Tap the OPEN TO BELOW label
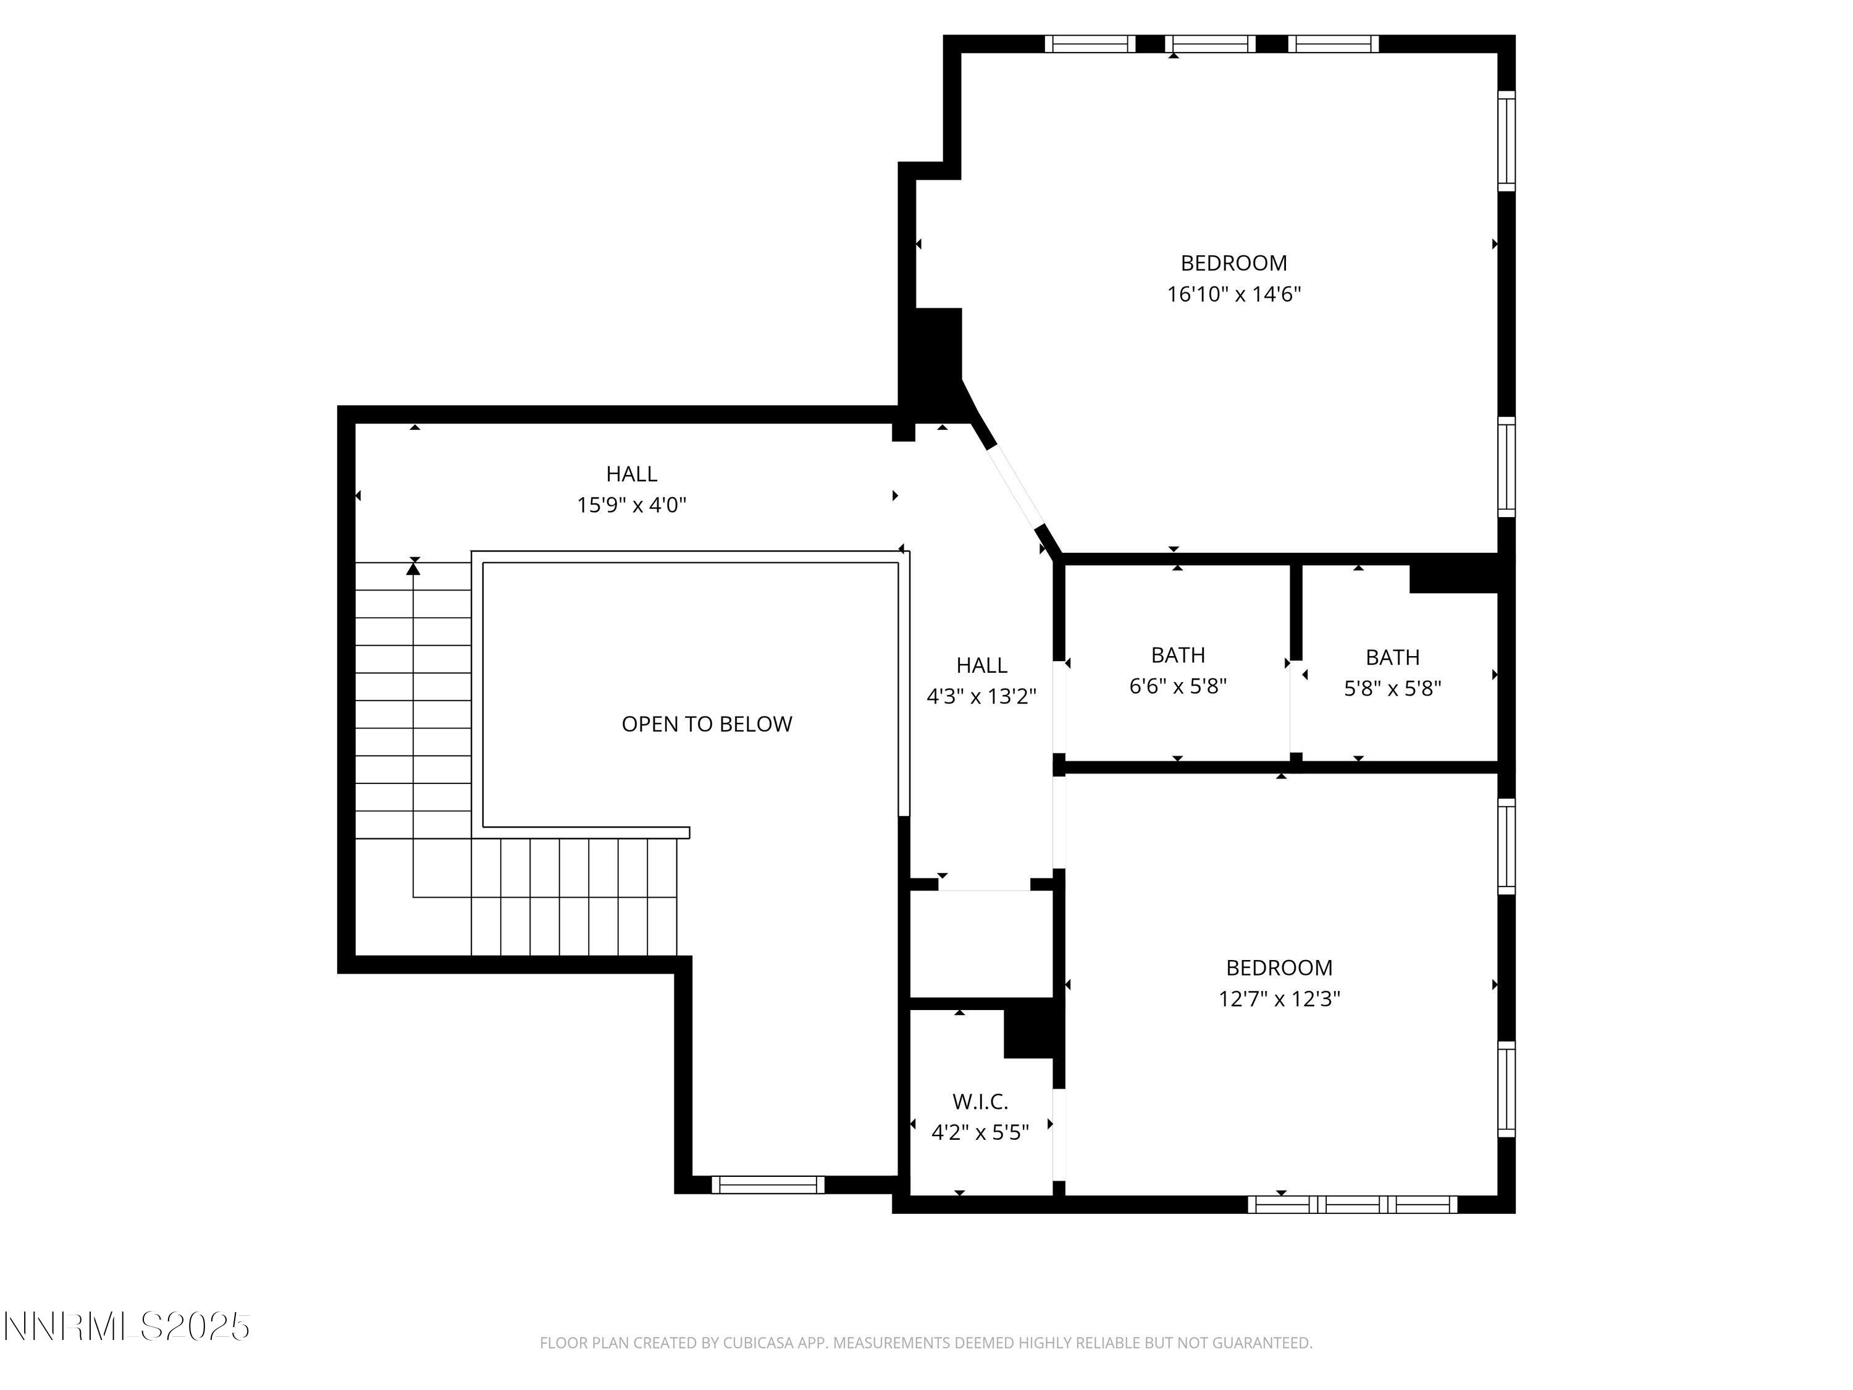coord(706,724)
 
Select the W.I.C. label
coord(980,1101)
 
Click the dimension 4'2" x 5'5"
coord(980,1133)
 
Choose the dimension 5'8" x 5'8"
coord(1392,689)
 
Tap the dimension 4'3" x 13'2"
coord(981,696)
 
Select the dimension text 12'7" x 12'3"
coord(1279,999)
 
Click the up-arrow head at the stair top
coord(413,569)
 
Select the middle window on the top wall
coord(1209,44)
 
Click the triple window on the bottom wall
coord(1352,1205)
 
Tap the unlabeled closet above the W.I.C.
coord(981,943)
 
